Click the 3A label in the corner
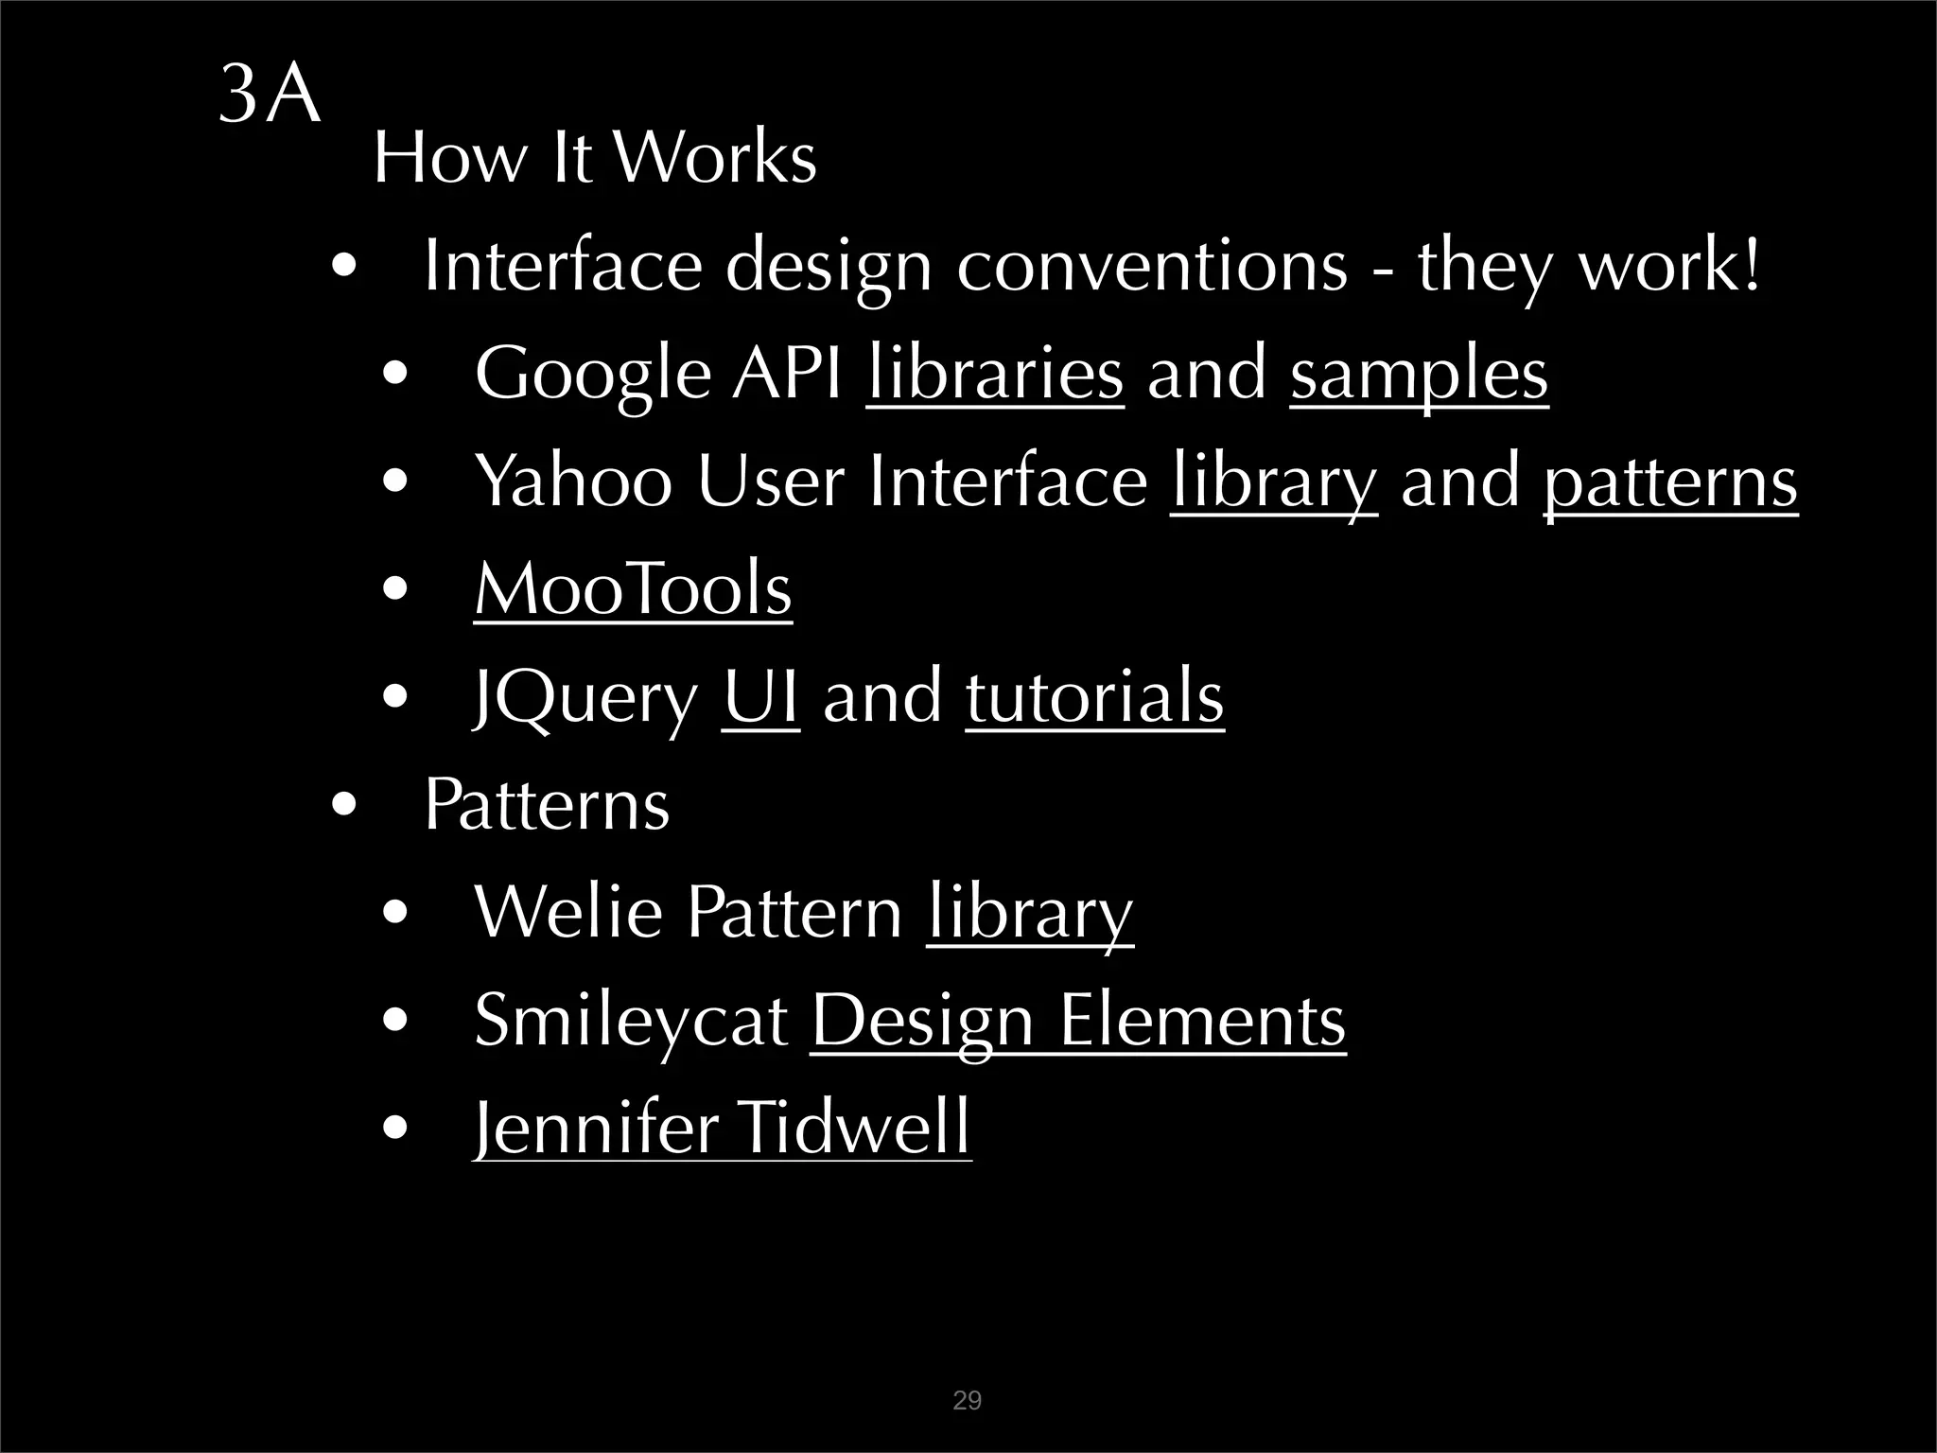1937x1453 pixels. (x=270, y=96)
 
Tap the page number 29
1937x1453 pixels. (x=967, y=1401)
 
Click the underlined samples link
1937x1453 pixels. (x=1419, y=375)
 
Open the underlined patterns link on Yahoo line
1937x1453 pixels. (x=1670, y=482)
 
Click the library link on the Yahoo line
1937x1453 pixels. (x=1273, y=482)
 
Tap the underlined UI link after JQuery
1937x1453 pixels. (x=760, y=697)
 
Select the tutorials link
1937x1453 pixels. (x=1094, y=697)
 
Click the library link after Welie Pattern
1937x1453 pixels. (x=1029, y=913)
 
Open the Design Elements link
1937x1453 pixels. (x=1078, y=1021)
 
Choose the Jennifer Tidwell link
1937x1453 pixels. (x=722, y=1128)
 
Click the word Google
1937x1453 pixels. (x=592, y=375)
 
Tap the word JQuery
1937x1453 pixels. (x=585, y=699)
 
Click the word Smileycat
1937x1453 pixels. (x=631, y=1023)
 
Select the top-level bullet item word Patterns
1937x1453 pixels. (x=547, y=805)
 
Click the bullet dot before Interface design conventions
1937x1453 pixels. (x=344, y=267)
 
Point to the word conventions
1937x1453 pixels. (x=1151, y=266)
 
